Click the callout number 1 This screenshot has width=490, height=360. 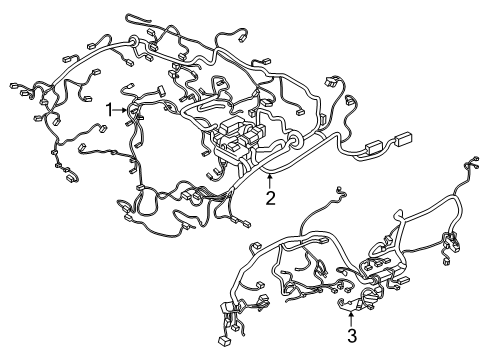[x=110, y=110]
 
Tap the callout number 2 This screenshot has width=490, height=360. [x=270, y=198]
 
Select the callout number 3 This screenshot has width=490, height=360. [x=352, y=336]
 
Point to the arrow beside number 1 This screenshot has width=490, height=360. [x=121, y=110]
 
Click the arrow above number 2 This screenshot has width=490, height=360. [x=270, y=181]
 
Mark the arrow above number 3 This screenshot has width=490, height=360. [x=351, y=318]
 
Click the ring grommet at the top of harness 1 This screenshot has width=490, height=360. [x=134, y=41]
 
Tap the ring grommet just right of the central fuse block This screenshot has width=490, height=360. [x=295, y=140]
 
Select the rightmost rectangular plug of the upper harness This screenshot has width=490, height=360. [x=404, y=139]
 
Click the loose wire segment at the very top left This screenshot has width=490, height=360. [x=137, y=18]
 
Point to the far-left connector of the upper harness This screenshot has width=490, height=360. [x=14, y=85]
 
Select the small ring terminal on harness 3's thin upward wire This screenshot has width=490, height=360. [x=340, y=190]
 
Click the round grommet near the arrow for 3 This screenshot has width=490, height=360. [x=371, y=295]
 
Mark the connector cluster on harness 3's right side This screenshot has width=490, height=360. [x=451, y=243]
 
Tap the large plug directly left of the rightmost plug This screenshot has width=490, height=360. [x=375, y=148]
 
